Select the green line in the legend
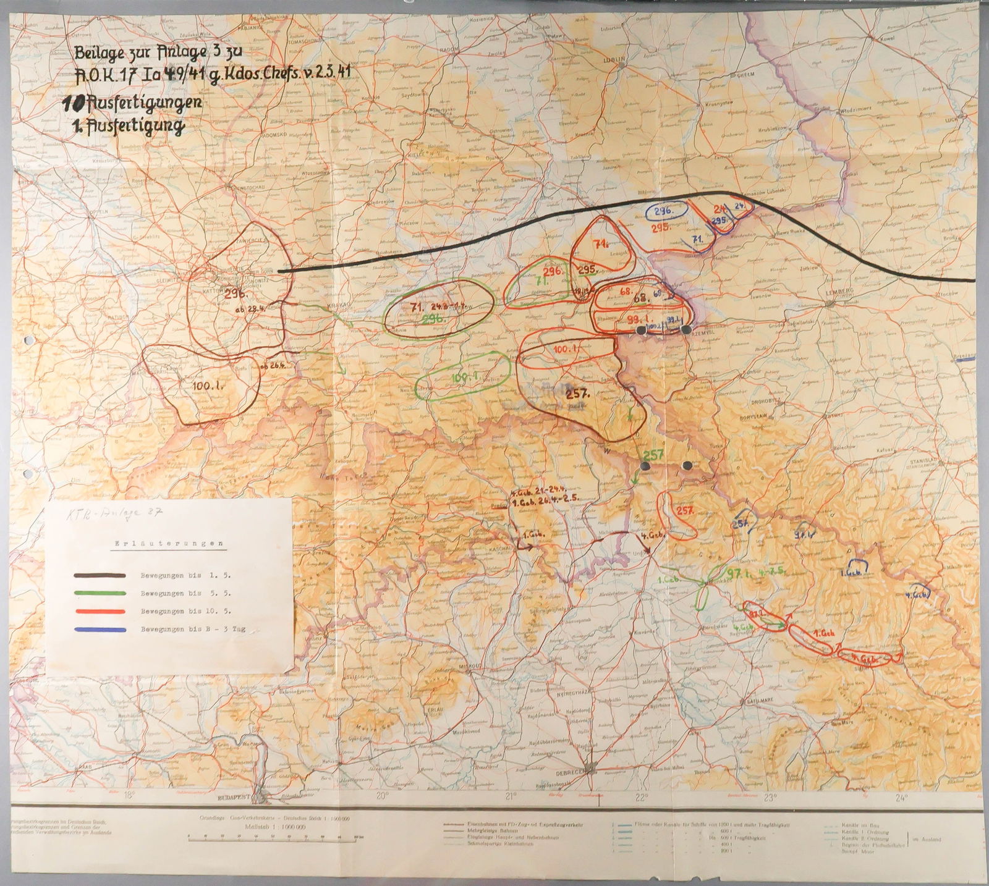coord(100,593)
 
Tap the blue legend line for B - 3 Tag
coord(100,630)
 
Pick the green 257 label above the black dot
coord(653,455)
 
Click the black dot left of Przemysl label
coord(642,331)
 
